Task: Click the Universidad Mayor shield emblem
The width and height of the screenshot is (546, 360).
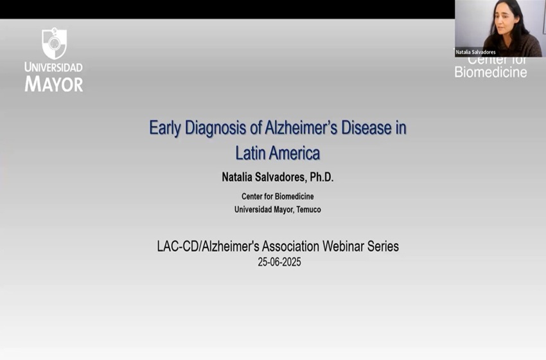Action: click(54, 43)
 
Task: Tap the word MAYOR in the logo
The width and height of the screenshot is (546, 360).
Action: click(54, 84)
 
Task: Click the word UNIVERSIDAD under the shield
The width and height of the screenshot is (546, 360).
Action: click(53, 67)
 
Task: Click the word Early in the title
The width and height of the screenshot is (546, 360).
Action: click(165, 128)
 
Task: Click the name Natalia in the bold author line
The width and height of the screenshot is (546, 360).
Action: click(237, 177)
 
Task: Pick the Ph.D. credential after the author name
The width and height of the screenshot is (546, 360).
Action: click(322, 177)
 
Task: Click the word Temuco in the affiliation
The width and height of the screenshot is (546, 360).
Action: click(308, 210)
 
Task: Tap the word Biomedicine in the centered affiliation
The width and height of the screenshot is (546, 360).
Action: click(294, 197)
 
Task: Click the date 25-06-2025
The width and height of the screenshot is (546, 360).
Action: click(279, 262)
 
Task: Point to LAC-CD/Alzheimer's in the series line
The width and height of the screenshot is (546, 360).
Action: click(208, 246)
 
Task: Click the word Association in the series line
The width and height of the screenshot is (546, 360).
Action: click(291, 246)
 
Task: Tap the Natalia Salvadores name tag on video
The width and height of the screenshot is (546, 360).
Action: click(475, 52)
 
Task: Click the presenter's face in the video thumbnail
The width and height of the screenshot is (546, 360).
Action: click(504, 23)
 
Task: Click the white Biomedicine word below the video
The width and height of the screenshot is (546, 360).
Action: click(491, 72)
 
